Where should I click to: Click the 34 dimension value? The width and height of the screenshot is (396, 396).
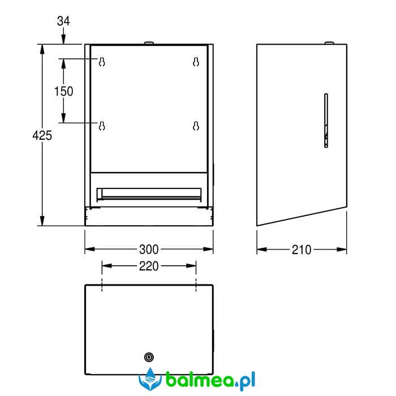click(x=63, y=21)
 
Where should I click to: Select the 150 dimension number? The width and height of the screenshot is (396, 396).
click(x=63, y=91)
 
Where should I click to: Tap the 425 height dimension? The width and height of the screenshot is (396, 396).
click(x=42, y=135)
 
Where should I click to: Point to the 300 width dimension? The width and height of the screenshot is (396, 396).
click(x=149, y=249)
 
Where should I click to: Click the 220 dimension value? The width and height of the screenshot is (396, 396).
click(x=149, y=266)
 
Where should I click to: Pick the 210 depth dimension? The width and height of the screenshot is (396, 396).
click(x=302, y=250)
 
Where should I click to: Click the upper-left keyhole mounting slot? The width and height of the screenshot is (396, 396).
click(x=102, y=62)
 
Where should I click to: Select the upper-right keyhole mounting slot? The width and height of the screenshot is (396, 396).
click(x=196, y=62)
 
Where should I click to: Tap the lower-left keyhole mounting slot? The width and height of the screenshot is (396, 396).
click(x=102, y=126)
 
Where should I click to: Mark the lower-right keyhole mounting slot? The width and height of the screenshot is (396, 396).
click(x=196, y=126)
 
